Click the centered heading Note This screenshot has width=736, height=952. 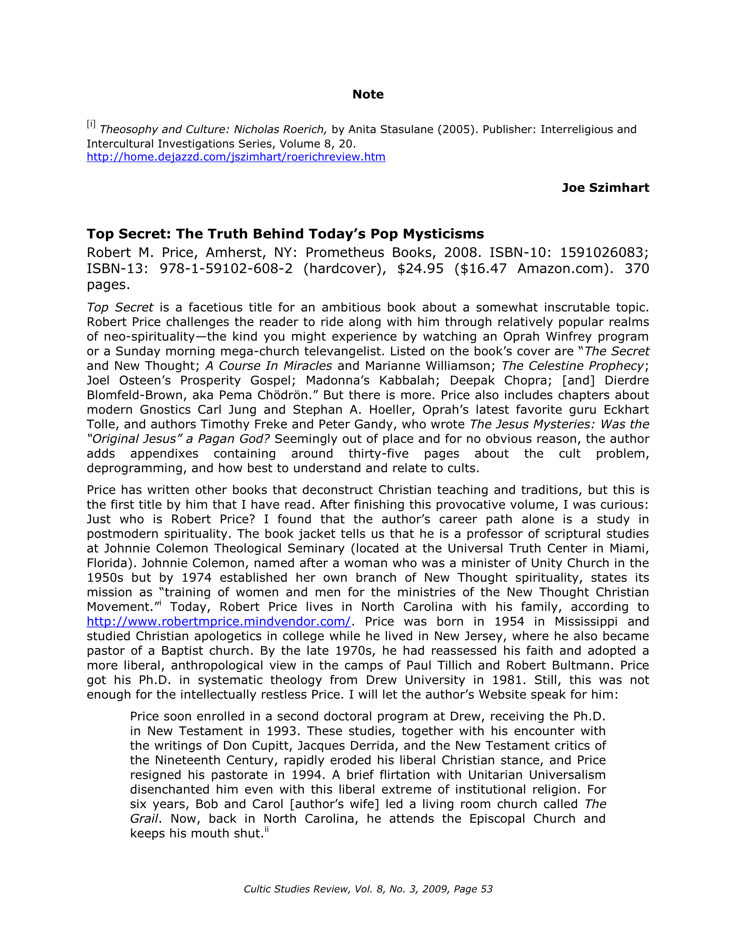[368, 94]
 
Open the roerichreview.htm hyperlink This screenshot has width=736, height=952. [236, 157]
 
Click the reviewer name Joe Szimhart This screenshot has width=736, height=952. [605, 188]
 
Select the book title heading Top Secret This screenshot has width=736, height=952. [285, 234]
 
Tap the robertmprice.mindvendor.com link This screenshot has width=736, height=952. [219, 622]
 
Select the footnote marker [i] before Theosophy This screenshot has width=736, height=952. [91, 124]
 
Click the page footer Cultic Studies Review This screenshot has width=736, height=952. [368, 889]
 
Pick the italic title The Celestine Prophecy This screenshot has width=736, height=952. [572, 366]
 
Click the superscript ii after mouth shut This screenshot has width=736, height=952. [266, 831]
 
